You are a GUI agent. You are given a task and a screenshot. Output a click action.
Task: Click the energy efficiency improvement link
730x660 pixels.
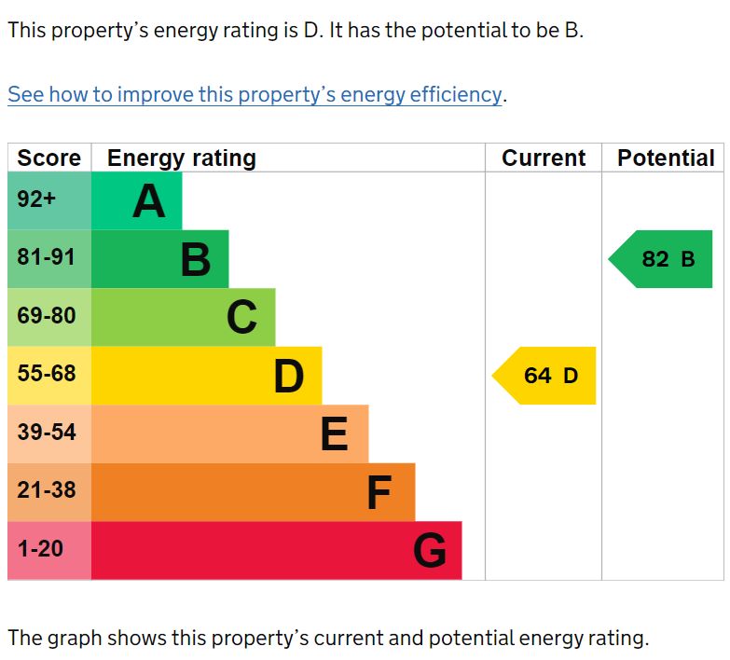255,94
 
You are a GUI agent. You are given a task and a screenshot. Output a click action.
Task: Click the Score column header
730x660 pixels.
49,158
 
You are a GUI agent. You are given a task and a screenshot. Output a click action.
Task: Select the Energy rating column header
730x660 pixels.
182,158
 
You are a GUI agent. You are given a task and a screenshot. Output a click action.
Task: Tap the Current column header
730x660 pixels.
544,158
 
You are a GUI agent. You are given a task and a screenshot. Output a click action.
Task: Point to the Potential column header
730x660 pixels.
666,158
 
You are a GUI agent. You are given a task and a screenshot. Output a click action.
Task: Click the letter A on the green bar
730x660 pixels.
149,201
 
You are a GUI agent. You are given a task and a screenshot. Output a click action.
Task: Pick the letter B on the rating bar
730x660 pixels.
196,259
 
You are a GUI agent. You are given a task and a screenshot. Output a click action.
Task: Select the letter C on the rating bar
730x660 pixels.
241,318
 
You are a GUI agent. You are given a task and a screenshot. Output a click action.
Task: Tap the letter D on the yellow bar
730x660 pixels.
289,377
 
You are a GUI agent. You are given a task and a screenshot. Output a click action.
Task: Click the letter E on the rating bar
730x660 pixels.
334,434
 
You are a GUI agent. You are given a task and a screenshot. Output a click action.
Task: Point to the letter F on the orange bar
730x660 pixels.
379,493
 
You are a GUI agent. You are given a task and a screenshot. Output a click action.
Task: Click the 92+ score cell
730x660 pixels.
37,199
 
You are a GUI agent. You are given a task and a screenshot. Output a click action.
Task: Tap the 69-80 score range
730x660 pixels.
47,316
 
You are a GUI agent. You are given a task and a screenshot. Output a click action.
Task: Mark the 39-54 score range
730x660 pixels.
47,433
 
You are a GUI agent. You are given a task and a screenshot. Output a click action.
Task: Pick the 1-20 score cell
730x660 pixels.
40,549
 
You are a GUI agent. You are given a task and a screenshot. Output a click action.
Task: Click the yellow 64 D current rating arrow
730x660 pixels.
545,376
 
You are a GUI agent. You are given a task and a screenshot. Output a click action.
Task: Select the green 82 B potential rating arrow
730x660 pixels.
663,259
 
